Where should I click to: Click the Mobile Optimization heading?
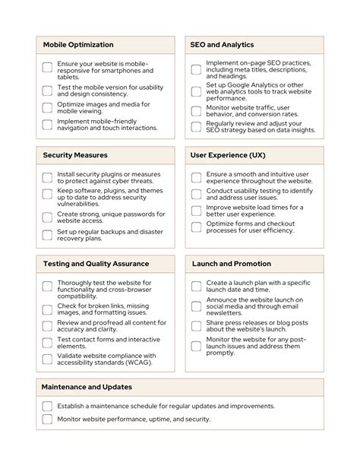(78, 45)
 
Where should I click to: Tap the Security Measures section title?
(75, 155)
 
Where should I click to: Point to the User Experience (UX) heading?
(228, 155)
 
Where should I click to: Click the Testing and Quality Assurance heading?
(96, 264)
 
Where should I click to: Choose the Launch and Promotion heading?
(231, 264)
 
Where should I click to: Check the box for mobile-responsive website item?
(47, 68)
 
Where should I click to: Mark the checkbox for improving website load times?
(196, 211)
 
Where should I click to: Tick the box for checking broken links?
(47, 309)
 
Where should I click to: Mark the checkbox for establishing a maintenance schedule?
(47, 407)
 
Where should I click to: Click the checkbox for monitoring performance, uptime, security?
(47, 419)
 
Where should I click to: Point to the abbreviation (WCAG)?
(140, 363)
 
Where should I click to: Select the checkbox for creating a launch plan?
(196, 287)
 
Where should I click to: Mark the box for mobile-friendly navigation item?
(47, 124)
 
